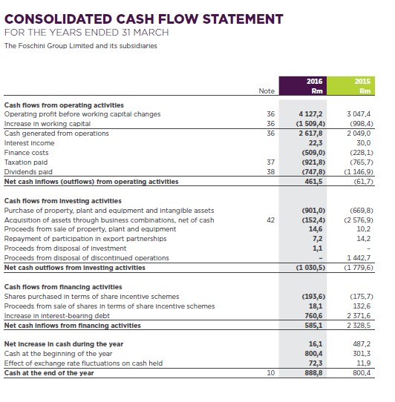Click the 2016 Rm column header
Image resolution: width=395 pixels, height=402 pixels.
point(310,85)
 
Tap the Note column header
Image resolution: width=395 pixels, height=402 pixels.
point(267,91)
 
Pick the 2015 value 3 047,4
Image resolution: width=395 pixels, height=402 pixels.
point(359,114)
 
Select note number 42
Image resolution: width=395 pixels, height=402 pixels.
point(270,220)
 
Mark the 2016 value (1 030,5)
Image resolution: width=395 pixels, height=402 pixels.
point(310,267)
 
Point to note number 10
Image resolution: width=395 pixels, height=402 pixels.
point(270,373)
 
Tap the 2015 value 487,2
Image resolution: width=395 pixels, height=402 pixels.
point(362,344)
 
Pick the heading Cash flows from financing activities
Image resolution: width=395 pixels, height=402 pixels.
point(63,286)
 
